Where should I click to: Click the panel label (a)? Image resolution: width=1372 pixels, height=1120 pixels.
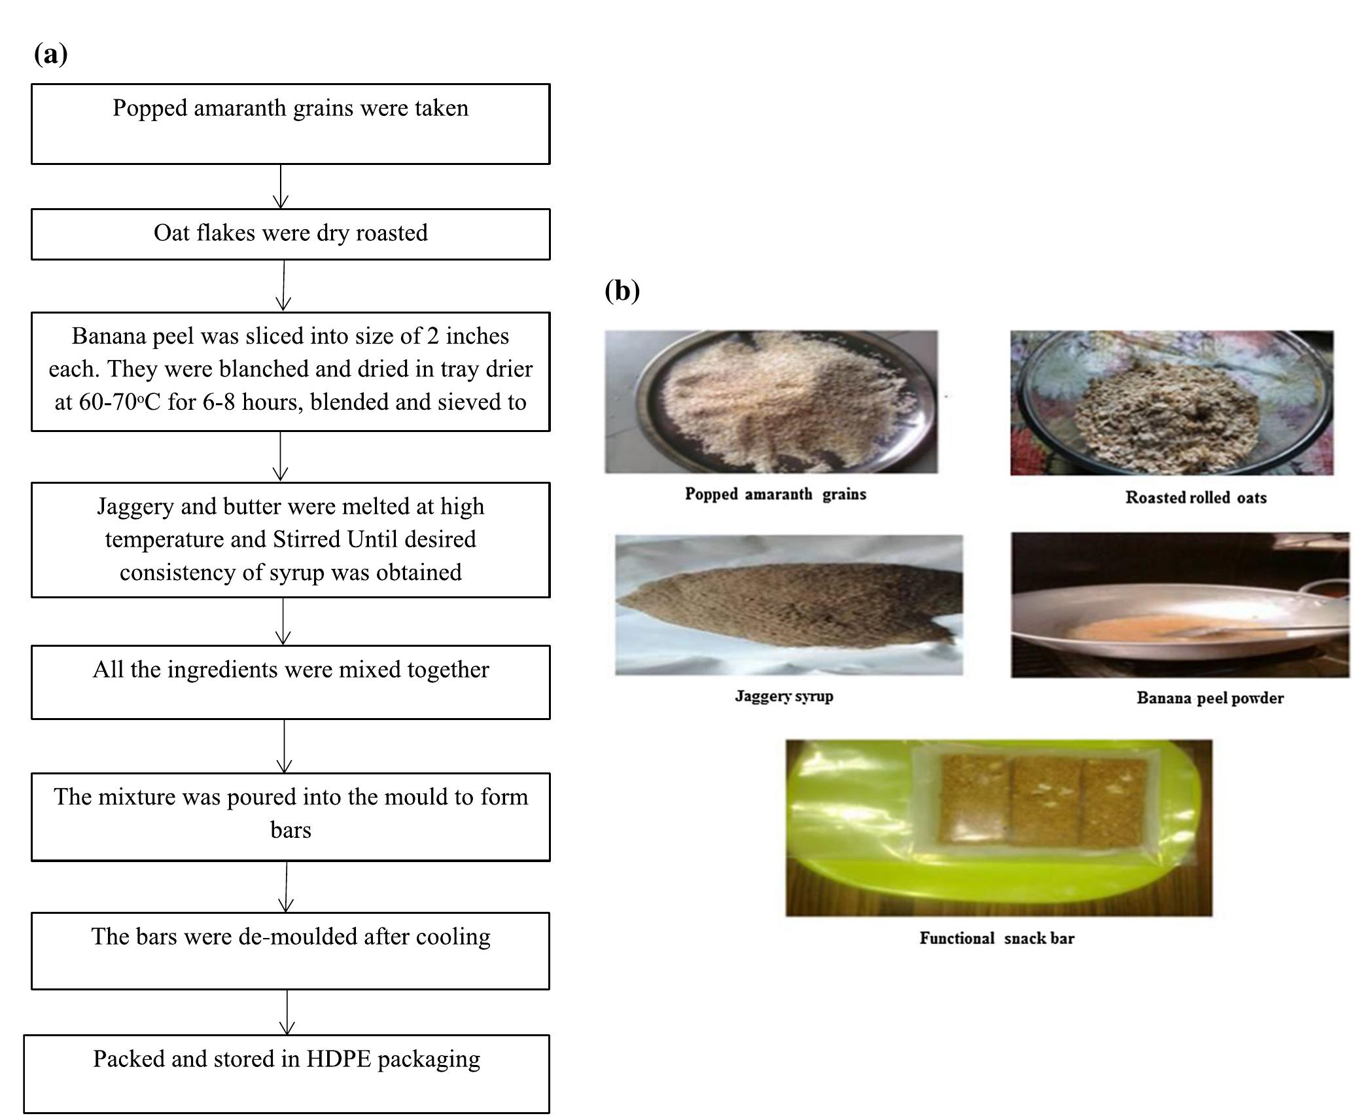coord(50,54)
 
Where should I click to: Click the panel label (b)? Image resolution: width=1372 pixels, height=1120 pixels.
coord(622,290)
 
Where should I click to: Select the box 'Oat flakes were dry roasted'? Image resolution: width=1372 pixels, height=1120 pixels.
coord(290,234)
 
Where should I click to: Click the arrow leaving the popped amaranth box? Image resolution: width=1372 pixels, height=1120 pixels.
coord(281,187)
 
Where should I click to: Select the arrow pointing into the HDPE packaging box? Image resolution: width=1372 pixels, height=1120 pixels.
coord(287,1012)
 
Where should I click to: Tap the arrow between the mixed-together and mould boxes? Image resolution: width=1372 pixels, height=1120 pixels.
coord(285,746)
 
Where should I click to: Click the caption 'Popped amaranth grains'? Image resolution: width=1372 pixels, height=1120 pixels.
coord(775,494)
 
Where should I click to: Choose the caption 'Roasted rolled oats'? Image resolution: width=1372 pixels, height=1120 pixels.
coord(1195,497)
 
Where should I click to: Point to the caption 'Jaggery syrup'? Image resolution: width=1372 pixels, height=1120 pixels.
coord(784,696)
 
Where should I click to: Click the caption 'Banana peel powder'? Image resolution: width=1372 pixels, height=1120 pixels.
coord(1210,698)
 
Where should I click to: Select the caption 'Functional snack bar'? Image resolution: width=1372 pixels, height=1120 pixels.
coord(996,938)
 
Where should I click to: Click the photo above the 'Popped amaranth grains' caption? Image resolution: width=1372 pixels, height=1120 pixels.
coord(771,401)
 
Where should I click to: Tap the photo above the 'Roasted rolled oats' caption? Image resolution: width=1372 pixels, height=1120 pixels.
coord(1171,403)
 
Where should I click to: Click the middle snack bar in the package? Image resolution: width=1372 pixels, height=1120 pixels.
coord(1045,802)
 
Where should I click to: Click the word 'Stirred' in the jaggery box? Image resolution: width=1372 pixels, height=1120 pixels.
coord(307,539)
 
